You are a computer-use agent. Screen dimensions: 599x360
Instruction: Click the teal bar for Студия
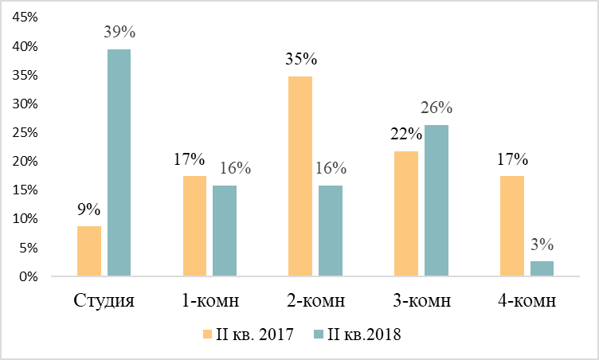pyautogui.click(x=119, y=162)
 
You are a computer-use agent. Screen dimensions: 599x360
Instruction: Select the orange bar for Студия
pyautogui.click(x=89, y=251)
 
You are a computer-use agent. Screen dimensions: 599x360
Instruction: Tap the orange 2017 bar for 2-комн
pyautogui.click(x=300, y=176)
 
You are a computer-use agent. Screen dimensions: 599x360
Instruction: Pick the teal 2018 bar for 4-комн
pyautogui.click(x=542, y=268)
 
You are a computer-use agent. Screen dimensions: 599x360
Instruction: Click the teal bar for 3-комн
pyautogui.click(x=437, y=200)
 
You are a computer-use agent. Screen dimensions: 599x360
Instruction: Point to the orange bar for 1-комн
pyautogui.click(x=194, y=226)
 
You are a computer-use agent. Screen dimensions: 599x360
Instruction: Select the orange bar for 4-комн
pyautogui.click(x=512, y=226)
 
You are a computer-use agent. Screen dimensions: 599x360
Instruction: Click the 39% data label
pyautogui.click(x=119, y=32)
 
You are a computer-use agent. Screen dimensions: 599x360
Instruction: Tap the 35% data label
pyautogui.click(x=301, y=59)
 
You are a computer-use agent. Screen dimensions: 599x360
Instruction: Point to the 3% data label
pyautogui.click(x=542, y=245)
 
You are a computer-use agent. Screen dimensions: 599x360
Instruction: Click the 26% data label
pyautogui.click(x=437, y=108)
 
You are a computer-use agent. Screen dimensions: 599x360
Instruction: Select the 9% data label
pyautogui.click(x=89, y=209)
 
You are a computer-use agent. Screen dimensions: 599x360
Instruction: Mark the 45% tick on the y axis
pyautogui.click(x=25, y=17)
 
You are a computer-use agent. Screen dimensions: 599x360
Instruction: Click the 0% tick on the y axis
pyautogui.click(x=29, y=276)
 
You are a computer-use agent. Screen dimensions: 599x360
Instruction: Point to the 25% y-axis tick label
pyautogui.click(x=25, y=133)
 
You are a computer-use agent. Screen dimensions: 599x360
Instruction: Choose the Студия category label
pyautogui.click(x=104, y=301)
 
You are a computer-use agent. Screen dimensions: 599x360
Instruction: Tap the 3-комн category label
pyautogui.click(x=421, y=301)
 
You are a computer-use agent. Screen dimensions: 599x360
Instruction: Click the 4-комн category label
pyautogui.click(x=527, y=301)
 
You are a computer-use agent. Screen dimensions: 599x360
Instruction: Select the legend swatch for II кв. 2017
pyautogui.click(x=207, y=335)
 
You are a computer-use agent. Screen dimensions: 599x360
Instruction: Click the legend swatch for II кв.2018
pyautogui.click(x=319, y=335)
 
